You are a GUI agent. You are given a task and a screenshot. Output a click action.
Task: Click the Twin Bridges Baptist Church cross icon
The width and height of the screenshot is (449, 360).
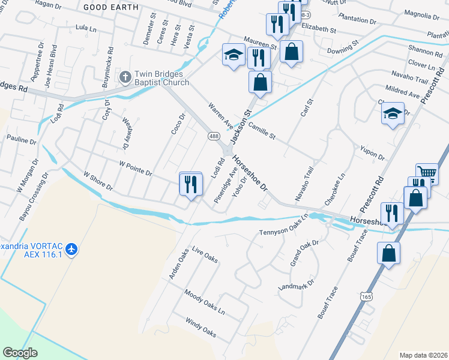(125, 77)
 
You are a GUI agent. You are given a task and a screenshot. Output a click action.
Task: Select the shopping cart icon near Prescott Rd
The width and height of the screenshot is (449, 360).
(426, 173)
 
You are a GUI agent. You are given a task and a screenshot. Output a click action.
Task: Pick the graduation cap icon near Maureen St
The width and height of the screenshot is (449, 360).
(232, 55)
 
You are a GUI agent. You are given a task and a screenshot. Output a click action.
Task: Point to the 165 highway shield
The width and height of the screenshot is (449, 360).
(365, 296)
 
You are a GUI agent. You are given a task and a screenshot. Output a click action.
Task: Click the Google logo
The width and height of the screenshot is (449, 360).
(20, 352)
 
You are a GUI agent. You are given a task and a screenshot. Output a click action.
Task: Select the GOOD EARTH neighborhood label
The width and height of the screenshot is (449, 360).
(110, 7)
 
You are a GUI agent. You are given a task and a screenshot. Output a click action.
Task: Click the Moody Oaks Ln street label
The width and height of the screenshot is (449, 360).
(205, 304)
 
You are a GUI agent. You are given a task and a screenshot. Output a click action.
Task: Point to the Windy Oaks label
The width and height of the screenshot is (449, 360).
(200, 328)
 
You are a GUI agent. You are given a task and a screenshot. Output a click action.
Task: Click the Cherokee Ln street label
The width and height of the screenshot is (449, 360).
(335, 191)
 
